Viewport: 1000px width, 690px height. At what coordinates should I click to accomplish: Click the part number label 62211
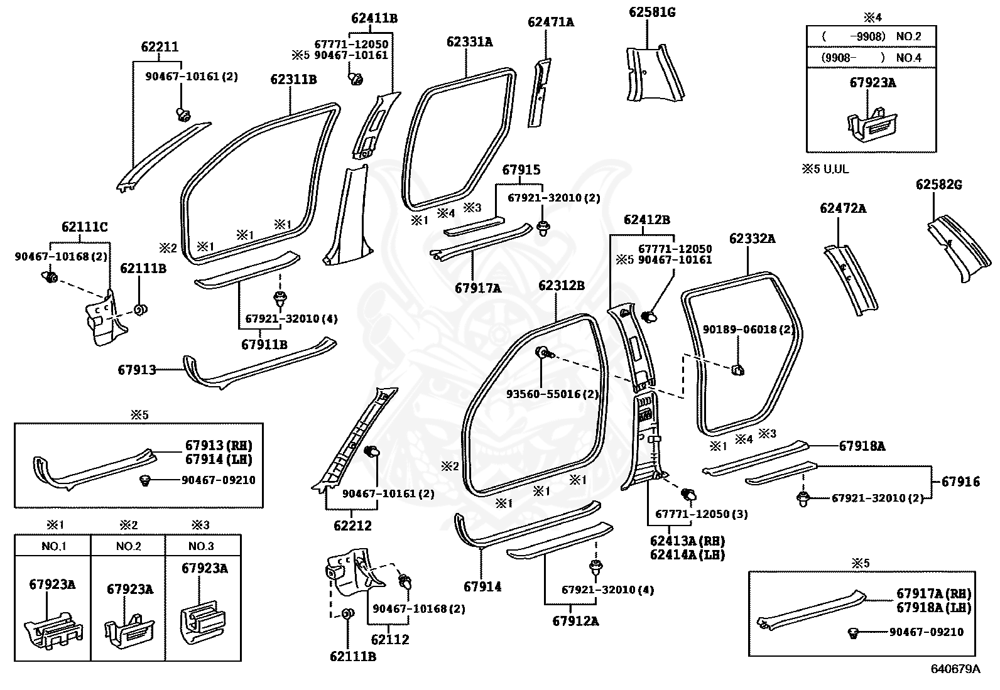[x=160, y=47]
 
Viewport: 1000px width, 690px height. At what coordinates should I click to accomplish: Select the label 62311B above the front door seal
[x=293, y=80]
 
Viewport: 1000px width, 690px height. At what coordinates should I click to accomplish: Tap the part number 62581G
[x=652, y=12]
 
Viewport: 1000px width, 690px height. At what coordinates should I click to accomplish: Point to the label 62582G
[x=938, y=185]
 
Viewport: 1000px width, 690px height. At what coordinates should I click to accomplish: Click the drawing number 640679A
[x=955, y=669]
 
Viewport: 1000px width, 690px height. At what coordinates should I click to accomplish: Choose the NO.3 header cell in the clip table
[x=203, y=546]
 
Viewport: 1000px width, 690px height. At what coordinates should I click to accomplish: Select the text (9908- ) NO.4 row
[x=871, y=58]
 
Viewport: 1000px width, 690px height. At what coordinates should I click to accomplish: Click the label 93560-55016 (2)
[x=553, y=394]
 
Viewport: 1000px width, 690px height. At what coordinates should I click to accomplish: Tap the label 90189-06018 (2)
[x=748, y=329]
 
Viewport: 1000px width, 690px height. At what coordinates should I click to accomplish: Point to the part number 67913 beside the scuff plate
[x=137, y=370]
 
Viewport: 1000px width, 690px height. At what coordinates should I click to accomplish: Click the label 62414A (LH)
[x=687, y=555]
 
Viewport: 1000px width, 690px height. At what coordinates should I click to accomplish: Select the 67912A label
[x=575, y=622]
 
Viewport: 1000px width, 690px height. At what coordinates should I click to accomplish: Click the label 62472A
[x=842, y=208]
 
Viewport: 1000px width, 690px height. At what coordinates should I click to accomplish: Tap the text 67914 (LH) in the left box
[x=218, y=459]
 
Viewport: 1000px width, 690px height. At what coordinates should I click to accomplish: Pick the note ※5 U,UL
[x=825, y=169]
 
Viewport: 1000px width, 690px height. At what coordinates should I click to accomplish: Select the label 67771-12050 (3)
[x=701, y=514]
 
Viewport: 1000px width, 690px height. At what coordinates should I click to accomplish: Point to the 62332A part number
[x=752, y=239]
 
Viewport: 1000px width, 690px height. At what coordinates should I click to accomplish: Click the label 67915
[x=521, y=170]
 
